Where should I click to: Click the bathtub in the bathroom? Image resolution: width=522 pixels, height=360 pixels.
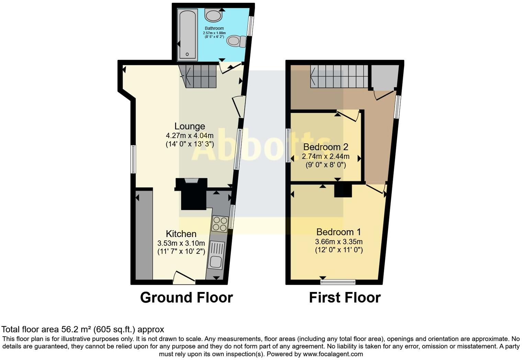point(188,34)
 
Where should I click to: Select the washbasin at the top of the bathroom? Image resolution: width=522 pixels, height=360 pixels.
point(214,15)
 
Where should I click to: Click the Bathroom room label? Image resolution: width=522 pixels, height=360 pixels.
point(214,28)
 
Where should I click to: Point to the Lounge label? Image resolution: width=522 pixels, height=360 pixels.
point(190,126)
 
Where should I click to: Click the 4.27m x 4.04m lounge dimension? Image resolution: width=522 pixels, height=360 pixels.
point(190,135)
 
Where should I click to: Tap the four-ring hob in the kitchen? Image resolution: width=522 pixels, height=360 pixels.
point(220,224)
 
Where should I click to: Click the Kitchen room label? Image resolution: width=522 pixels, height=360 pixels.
point(181,234)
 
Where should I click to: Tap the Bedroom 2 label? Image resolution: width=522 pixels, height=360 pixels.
point(326,147)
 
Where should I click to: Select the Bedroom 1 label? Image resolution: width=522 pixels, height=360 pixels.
point(339,232)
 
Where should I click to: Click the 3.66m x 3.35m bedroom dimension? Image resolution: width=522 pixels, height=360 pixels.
point(339,241)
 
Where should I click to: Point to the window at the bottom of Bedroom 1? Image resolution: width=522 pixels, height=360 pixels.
point(338,282)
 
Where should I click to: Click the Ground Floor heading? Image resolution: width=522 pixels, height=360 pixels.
point(186,297)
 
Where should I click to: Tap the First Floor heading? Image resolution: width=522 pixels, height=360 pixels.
point(345,297)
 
